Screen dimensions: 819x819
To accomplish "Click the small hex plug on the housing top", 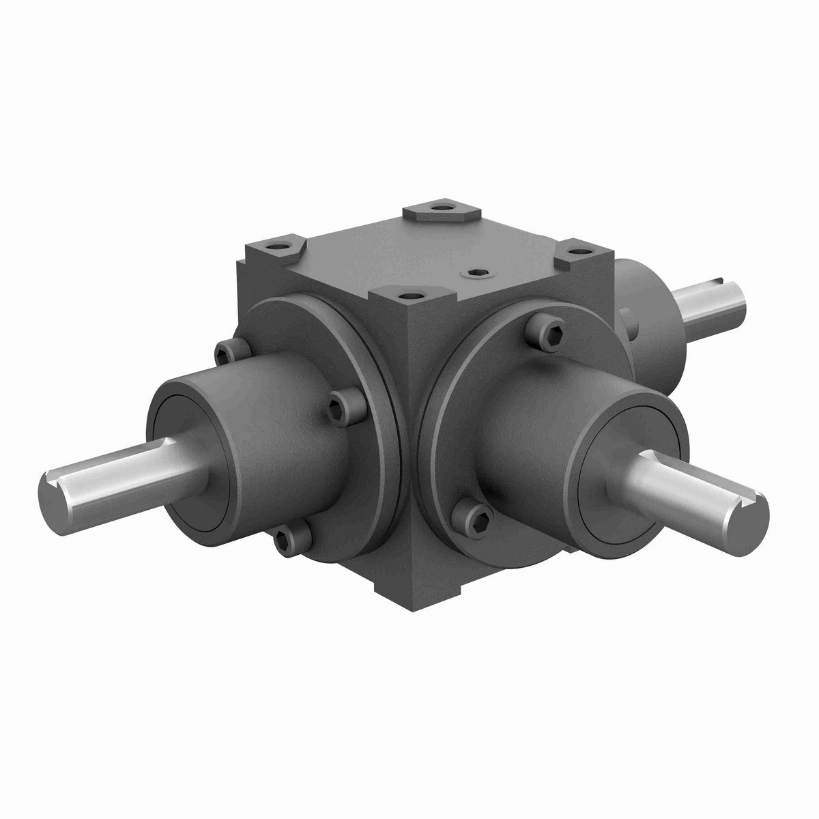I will pos(476,273).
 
